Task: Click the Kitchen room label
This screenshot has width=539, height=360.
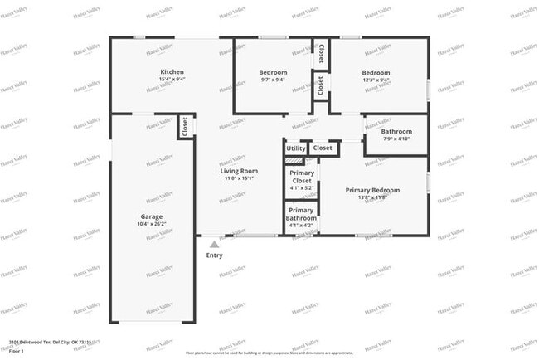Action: tap(172, 72)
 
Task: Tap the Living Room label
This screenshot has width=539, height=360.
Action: tap(238, 171)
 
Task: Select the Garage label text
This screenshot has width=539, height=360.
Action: tap(151, 216)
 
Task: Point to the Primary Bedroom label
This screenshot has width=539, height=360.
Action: tap(372, 190)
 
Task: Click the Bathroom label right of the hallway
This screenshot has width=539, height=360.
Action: tap(396, 131)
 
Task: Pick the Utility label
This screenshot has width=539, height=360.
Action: tap(295, 148)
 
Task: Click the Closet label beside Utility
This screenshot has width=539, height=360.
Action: tap(323, 148)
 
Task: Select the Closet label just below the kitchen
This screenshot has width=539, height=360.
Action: tap(184, 128)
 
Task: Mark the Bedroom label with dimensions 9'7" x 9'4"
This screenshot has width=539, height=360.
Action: tap(274, 72)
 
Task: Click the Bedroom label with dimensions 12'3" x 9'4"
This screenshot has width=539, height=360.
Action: tap(376, 72)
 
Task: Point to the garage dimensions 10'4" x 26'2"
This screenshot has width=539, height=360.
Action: tap(151, 224)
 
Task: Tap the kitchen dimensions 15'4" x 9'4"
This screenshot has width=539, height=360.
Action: tap(172, 80)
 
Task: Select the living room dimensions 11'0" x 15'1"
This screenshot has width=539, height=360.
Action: tap(238, 178)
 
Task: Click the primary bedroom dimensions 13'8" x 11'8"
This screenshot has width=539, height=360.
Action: tap(372, 197)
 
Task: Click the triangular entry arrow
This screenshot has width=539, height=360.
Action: tap(214, 244)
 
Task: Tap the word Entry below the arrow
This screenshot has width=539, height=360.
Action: tap(214, 255)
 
